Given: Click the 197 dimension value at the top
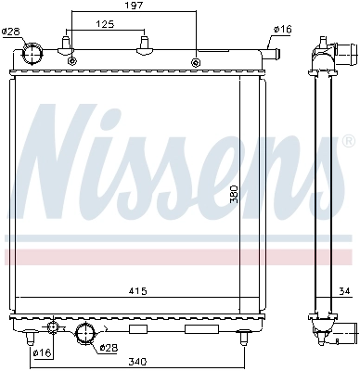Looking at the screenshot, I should pos(135,6).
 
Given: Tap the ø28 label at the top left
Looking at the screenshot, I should pos(10,32).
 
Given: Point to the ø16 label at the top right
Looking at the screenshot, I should pos(281,30).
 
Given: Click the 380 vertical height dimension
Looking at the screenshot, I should pos(235,195).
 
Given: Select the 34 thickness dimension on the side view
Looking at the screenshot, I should pos(344,294).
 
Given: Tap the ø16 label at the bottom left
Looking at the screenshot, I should pos(42,352).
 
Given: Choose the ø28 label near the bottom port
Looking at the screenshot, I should pos(110,348).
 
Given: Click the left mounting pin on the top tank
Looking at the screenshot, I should pos(66,45).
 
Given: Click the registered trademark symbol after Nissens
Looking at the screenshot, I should pos(348,141).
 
